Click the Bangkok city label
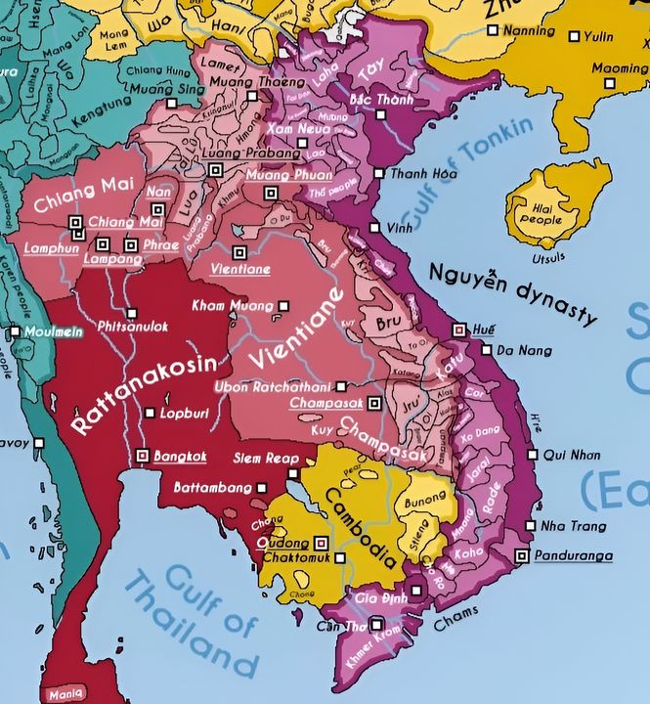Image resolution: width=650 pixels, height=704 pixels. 180,456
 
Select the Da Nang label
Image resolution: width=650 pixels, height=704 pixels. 518,349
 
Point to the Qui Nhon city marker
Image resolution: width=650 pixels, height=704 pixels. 533,455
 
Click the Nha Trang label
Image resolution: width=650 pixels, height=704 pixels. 566,526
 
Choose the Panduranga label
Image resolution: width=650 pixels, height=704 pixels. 573,556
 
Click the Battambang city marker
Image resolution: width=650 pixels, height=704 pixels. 261,487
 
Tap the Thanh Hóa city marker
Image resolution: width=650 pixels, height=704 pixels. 379,174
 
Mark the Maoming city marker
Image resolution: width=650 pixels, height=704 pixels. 610,84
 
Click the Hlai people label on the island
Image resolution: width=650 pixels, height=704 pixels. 540,211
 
